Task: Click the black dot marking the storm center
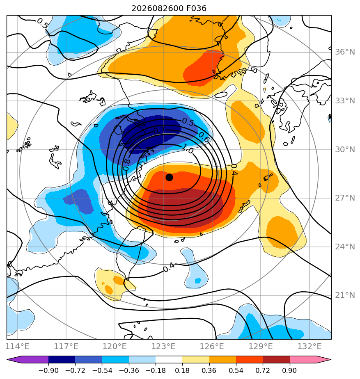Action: point(169,178)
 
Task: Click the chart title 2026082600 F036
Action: point(169,9)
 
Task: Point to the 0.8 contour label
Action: point(126,165)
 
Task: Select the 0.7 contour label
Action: point(159,130)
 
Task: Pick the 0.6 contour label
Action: point(204,137)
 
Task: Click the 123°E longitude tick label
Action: point(163,346)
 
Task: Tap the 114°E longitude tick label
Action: point(17,346)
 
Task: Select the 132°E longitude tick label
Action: point(310,346)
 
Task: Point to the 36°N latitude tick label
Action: point(345,52)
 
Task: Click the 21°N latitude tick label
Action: point(345,295)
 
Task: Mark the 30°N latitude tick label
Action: point(345,150)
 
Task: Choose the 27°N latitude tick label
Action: point(345,198)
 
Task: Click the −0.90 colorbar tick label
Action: point(48,370)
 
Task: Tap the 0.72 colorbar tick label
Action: point(263,370)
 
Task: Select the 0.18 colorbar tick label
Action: point(182,370)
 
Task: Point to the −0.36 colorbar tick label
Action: point(129,370)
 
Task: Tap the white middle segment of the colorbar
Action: point(169,359)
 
